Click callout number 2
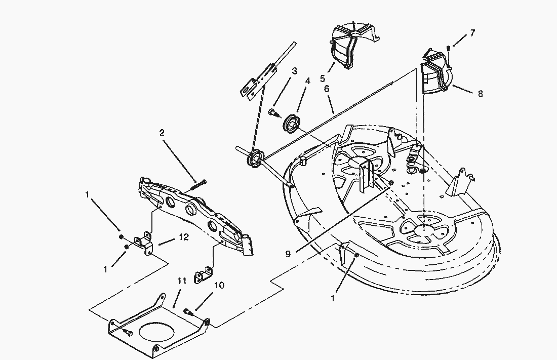coord(162,133)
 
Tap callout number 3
coord(294,71)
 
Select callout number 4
coord(307,81)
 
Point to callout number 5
coord(322,78)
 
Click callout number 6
coord(327,89)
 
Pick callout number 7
coord(472,33)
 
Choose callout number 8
coord(480,94)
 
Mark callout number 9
coord(288,255)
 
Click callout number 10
coord(219,286)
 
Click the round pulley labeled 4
coord(292,124)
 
